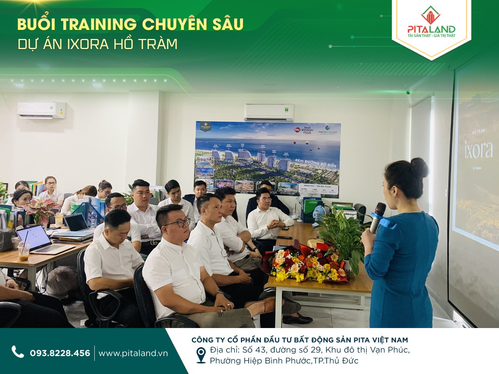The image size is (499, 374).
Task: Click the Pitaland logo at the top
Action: (431, 23)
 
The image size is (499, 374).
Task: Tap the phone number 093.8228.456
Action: (60, 353)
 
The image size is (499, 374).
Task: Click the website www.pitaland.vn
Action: (133, 353)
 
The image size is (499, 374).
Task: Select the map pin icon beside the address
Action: (201, 355)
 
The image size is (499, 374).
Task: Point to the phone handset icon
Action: (18, 352)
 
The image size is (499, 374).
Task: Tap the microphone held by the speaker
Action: (377, 217)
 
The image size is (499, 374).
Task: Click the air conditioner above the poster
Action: (269, 112)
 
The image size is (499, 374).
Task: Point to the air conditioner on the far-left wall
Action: (41, 110)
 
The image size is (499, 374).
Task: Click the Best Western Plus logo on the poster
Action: (303, 130)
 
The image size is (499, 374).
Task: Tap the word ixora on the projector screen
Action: (478, 150)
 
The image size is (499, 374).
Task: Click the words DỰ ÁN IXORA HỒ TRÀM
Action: (97, 44)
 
